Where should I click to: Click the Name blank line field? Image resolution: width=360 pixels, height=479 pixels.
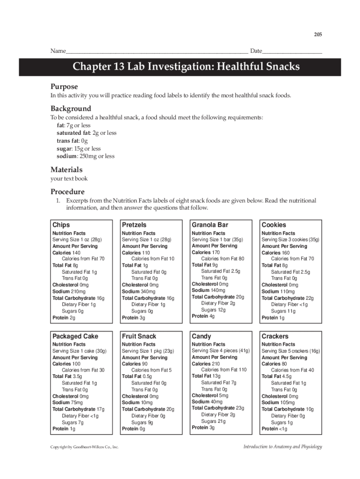157,51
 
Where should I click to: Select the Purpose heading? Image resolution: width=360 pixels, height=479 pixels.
64,87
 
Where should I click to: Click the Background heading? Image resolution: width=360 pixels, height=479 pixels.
71,109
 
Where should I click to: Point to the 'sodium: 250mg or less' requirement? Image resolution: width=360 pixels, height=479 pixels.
86,156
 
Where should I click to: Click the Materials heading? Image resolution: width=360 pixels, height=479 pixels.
66,169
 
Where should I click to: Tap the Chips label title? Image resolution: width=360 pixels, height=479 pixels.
61,225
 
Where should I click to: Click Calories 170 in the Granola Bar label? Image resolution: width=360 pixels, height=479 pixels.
206,252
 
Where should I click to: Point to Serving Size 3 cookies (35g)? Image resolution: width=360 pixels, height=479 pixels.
290,239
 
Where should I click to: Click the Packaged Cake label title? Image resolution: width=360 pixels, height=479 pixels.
75,336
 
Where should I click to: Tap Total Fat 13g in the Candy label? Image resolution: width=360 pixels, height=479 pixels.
206,376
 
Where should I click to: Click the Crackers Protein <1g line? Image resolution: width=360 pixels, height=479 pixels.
274,429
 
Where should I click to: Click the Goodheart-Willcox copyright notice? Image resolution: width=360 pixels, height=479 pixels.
84,447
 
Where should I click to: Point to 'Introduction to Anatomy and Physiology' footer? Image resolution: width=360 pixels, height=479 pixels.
282,447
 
